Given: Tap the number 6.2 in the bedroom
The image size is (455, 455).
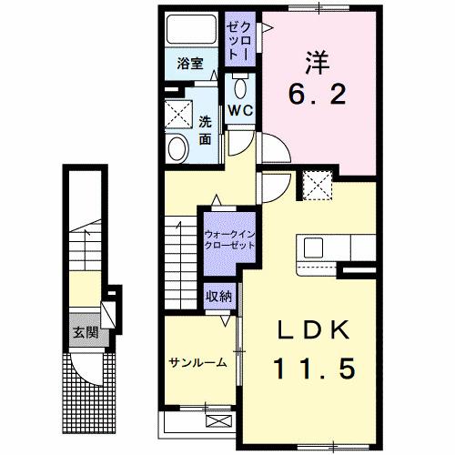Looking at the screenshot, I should [318, 94].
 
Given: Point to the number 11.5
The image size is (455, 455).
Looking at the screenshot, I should [315, 368].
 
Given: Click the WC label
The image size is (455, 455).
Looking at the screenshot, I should [240, 109].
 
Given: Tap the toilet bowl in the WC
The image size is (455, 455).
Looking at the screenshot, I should [240, 87].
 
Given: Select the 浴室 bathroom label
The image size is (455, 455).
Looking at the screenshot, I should [189, 65].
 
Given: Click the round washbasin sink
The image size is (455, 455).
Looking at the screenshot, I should [178, 147].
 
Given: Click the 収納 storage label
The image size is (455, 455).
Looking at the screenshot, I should [218, 295].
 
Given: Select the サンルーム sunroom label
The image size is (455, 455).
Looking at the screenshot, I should [196, 361].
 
